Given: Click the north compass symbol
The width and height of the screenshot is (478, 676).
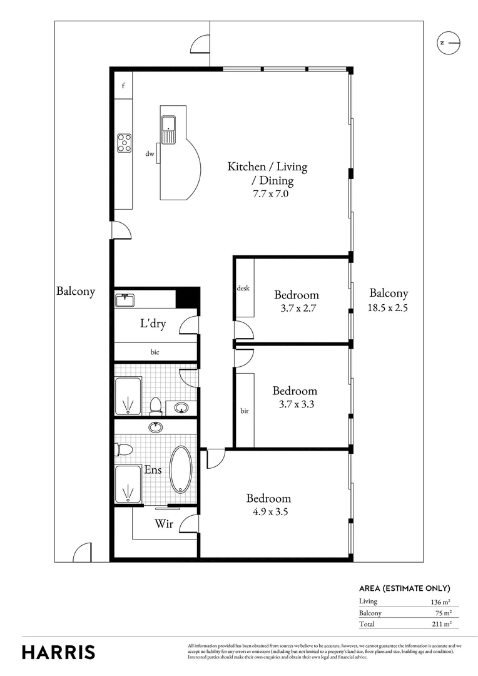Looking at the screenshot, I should tap(448, 43).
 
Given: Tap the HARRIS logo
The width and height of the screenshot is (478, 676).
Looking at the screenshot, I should tap(59, 652).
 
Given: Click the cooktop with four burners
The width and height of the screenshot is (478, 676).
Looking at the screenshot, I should tap(124, 144).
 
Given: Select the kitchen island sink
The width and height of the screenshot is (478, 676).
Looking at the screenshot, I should tap(169, 131).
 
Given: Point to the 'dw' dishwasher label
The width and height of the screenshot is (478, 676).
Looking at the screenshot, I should tap(150, 153).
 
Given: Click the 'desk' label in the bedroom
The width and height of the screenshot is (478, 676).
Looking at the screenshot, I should tap(243, 289).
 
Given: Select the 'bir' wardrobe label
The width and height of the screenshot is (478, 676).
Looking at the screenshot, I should tap(244, 411).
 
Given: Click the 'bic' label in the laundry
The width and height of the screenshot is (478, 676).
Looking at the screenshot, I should tap(155, 352).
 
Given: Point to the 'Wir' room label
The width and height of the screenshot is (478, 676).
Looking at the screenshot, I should tap(163, 523).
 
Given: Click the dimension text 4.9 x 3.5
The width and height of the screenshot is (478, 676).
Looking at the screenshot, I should tap(268, 511).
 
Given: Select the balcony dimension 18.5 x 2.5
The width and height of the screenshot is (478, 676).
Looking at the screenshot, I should tap(388, 307).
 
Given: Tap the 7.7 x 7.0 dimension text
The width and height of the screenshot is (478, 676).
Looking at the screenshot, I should tap(267, 194).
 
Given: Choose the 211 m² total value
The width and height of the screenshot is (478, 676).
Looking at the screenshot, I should tap(440, 624).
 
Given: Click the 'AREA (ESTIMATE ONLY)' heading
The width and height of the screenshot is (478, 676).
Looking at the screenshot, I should tap(405, 588).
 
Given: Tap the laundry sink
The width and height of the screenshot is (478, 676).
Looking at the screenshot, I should tap(125, 300).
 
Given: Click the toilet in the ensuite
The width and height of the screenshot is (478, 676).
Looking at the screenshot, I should tap(123, 449).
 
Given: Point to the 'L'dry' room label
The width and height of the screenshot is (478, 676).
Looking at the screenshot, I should tap(152, 324).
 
